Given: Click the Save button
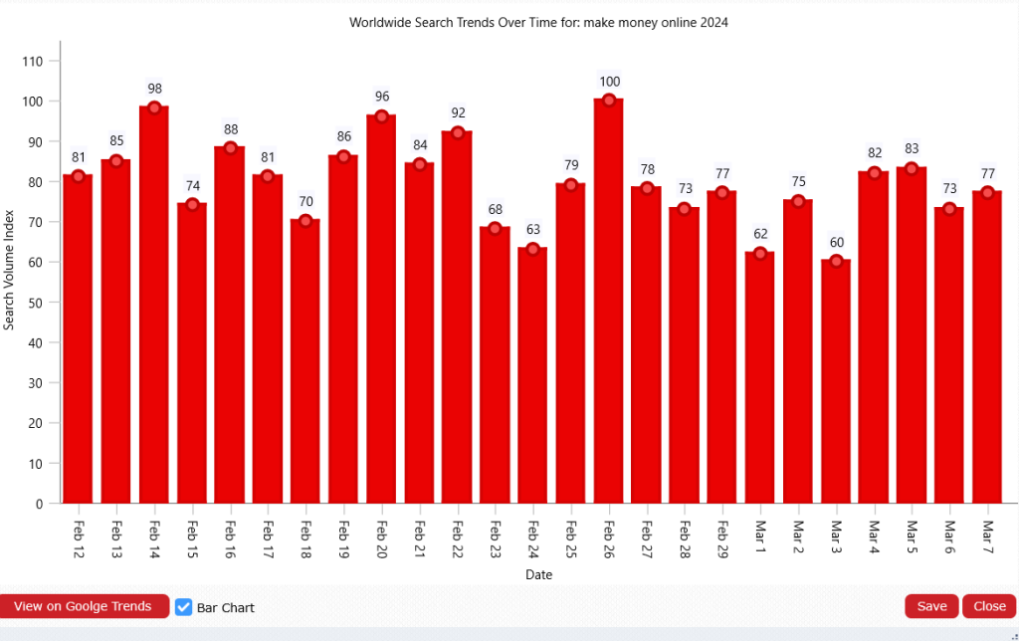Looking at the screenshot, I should click(931, 606).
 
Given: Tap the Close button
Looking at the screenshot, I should click(989, 606).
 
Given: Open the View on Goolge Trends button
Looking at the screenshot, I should click(83, 606).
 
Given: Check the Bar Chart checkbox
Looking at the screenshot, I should click(184, 607).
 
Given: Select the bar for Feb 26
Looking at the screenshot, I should click(609, 299).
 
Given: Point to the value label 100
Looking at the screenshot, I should click(609, 82).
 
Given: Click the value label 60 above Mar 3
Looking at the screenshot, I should click(836, 243).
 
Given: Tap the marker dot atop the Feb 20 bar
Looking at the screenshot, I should click(381, 116).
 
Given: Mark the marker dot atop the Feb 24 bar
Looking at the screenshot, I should click(532, 249).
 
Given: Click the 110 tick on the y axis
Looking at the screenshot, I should click(33, 61).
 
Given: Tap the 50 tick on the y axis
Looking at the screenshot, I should click(36, 303).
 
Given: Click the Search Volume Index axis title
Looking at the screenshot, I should click(9, 270).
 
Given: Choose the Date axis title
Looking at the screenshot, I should click(538, 574).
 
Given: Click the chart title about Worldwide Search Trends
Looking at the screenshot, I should click(538, 22).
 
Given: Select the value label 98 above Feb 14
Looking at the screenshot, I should click(154, 88).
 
